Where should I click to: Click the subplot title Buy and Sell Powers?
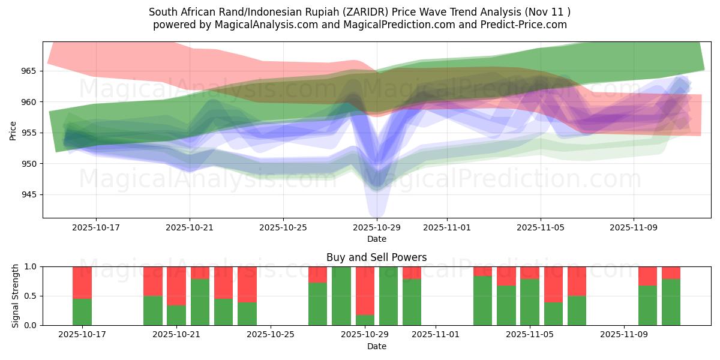(376, 257)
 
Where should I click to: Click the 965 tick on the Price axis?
(29, 71)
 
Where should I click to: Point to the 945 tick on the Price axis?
(29, 194)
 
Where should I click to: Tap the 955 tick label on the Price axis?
(29, 133)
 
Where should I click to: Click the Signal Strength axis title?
(16, 296)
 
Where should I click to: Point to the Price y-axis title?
(13, 130)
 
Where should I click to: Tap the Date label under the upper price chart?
(376, 239)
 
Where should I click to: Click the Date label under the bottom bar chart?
(376, 346)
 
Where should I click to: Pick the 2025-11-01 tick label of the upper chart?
(446, 228)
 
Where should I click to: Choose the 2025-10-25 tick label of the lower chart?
(271, 335)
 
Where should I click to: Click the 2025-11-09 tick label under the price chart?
(634, 228)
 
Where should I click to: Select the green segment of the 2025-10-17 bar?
(82, 311)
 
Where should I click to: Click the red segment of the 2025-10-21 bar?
(176, 286)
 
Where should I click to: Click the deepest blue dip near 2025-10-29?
(377, 213)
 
